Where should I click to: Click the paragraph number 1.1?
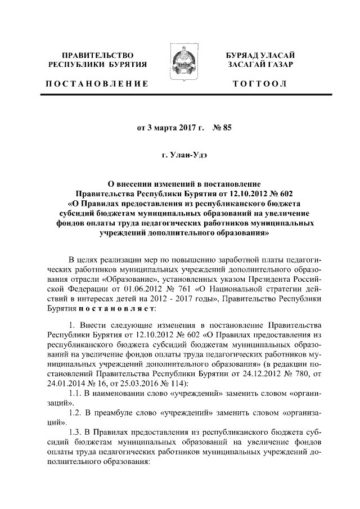pos(74,393)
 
